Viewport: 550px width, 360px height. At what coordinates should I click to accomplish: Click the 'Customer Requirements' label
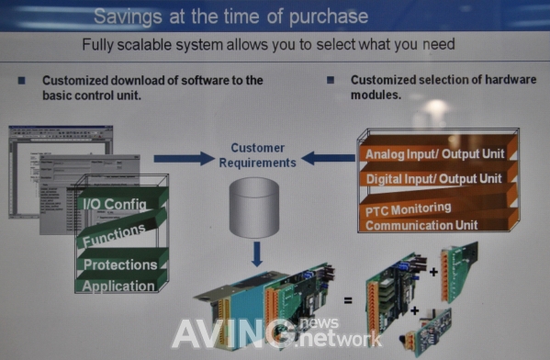pyautogui.click(x=257, y=154)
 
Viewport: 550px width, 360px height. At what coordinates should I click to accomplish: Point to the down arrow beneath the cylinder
pyautogui.click(x=257, y=250)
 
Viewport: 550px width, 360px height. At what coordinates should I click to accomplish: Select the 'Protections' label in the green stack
pyautogui.click(x=119, y=264)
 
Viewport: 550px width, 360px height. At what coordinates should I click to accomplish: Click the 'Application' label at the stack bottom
pyautogui.click(x=118, y=286)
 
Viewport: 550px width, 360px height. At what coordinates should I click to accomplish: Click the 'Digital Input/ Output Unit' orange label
pyautogui.click(x=433, y=178)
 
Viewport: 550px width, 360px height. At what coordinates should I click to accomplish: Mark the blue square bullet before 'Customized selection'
pyautogui.click(x=330, y=81)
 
